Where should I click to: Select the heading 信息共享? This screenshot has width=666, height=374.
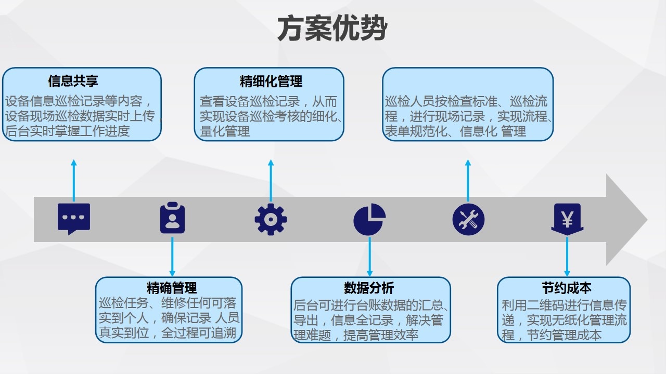pyautogui.click(x=73, y=81)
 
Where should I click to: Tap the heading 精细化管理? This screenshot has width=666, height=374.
pyautogui.click(x=271, y=81)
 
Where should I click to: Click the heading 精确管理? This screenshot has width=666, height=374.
pyautogui.click(x=172, y=288)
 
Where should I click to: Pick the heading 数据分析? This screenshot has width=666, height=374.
pyautogui.click(x=369, y=288)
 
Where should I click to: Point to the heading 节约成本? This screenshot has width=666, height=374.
pyautogui.click(x=567, y=288)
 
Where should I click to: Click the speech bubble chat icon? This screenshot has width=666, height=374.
pyautogui.click(x=74, y=219)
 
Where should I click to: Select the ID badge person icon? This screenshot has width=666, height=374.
pyautogui.click(x=172, y=219)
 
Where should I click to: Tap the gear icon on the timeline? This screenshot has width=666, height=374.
pyautogui.click(x=271, y=219)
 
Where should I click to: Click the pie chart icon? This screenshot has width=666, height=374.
pyautogui.click(x=369, y=219)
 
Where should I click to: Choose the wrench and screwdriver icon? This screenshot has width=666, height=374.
pyautogui.click(x=468, y=219)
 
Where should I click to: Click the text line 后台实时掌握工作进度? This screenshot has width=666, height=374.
pyautogui.click(x=67, y=131)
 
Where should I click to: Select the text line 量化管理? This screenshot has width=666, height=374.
pyautogui.click(x=225, y=131)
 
